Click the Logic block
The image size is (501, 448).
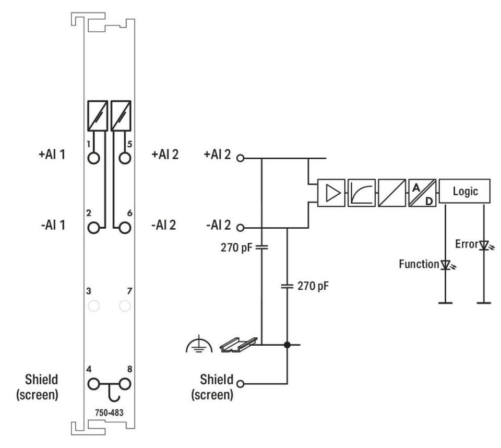pos(465,192)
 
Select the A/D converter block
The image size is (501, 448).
pos(422,192)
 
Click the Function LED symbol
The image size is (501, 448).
pos(445,265)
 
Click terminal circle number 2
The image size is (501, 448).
pos(94,228)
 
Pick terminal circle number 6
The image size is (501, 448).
pos(124,228)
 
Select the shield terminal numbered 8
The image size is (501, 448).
pos(124,384)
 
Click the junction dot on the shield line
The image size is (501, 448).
pos(287,345)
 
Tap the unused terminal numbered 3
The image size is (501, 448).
pos(94,305)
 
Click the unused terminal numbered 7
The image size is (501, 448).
pos(124,305)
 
